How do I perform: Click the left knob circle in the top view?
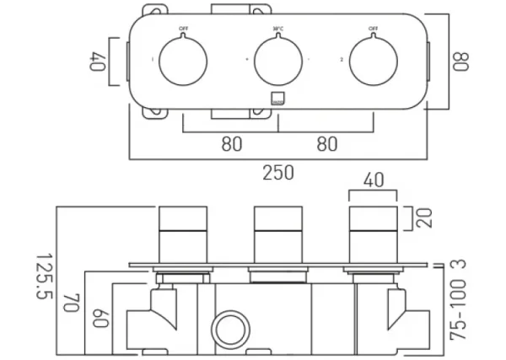point(183,62)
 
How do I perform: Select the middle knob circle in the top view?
point(277,62)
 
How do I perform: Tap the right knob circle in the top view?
point(372,62)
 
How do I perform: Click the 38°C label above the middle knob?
point(277,30)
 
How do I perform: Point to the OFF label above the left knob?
point(183,30)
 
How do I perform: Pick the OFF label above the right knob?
point(372,30)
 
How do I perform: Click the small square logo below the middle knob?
point(277,98)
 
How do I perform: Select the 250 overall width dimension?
point(277,173)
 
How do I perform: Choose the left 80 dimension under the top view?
point(231,144)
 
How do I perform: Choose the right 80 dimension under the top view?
point(326,144)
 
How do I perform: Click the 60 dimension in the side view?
point(101,319)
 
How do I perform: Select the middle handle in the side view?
point(277,230)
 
